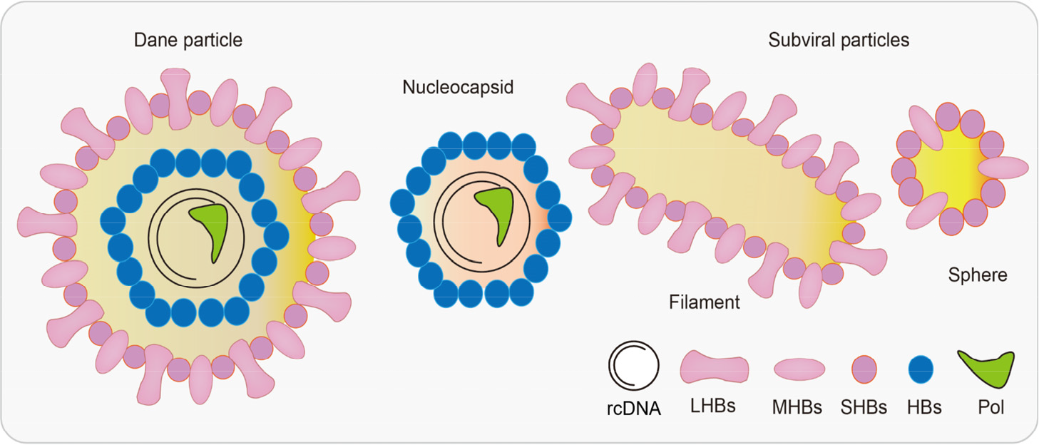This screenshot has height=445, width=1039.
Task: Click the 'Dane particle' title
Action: click(x=188, y=40)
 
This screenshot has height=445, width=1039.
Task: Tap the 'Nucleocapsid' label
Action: click(x=458, y=88)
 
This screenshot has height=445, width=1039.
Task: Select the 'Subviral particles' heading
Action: click(x=839, y=40)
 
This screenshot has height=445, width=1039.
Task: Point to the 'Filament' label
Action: click(x=705, y=302)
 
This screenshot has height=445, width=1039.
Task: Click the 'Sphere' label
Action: click(x=978, y=275)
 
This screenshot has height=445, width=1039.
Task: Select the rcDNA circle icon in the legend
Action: click(x=633, y=365)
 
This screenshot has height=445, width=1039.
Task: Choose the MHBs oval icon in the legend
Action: click(x=799, y=369)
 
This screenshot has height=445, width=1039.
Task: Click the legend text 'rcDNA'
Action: click(x=635, y=409)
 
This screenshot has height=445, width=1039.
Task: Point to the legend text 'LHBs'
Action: click(x=712, y=406)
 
